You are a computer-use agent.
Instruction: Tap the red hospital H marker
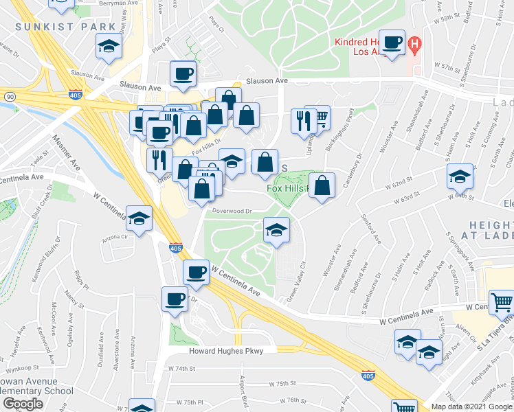click(x=414, y=46)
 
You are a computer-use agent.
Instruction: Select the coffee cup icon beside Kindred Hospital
click(x=392, y=43)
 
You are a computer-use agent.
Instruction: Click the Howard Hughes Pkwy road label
click(x=226, y=350)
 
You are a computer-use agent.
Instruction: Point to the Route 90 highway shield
click(x=9, y=97)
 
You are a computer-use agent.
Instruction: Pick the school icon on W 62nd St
click(x=460, y=178)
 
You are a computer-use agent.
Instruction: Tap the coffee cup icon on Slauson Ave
click(x=183, y=75)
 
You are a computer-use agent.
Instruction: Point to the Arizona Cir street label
click(x=115, y=238)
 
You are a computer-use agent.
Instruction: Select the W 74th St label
click(x=182, y=369)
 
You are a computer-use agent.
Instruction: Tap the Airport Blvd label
click(x=243, y=391)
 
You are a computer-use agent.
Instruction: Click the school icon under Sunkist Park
click(x=109, y=47)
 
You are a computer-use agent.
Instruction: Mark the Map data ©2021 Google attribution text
click(x=471, y=407)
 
